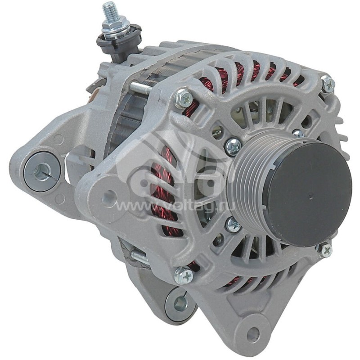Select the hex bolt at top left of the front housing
[x=183, y=98]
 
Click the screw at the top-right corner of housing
[x=328, y=85]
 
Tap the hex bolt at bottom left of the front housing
[x=184, y=275]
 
